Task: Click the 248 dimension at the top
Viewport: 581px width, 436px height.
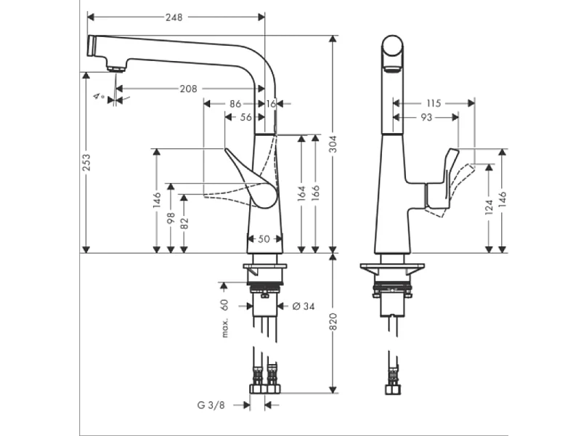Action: pos(172,17)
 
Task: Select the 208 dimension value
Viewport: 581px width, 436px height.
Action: pos(188,89)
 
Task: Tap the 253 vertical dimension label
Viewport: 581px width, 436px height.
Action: pos(86,161)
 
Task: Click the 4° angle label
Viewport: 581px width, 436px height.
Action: pos(99,96)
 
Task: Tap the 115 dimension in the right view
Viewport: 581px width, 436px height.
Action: pos(434,103)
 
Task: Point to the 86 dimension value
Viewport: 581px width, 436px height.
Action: pos(235,104)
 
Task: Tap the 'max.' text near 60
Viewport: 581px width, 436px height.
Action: pos(225,327)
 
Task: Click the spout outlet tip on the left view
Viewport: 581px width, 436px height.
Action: pos(113,68)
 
